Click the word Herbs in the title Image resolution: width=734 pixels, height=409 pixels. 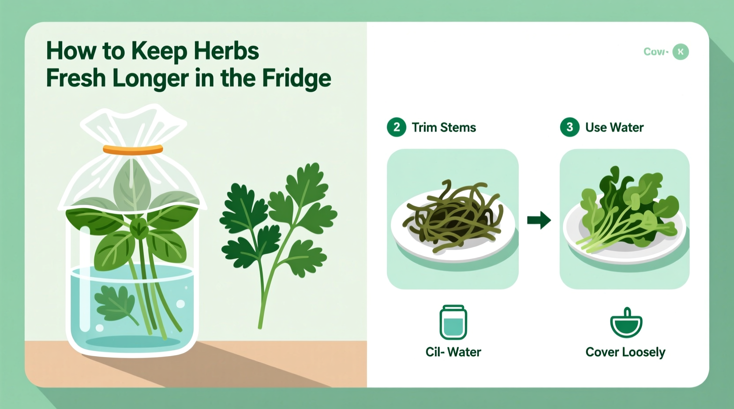tap(226, 51)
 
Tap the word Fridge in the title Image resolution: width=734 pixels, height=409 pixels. tap(296, 78)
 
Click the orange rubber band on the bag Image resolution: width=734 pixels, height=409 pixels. tap(133, 150)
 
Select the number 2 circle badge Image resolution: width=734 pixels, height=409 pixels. tap(396, 127)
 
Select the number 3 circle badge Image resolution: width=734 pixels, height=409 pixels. tap(569, 127)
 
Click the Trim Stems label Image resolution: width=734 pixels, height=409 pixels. tap(444, 128)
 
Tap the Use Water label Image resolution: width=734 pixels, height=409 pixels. tap(614, 128)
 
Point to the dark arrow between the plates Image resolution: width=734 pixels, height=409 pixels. tap(539, 220)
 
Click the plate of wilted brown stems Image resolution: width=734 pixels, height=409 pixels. tap(453, 220)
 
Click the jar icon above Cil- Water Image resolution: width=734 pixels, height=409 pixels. tap(453, 322)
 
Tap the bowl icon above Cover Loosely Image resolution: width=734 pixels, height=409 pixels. tap(626, 323)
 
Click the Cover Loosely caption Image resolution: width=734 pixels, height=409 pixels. tap(625, 352)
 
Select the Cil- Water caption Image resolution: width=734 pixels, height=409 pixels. tap(453, 352)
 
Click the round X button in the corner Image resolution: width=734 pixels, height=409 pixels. tap(681, 52)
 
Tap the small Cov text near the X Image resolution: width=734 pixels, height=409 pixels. tap(655, 52)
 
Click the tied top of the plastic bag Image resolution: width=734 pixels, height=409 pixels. tap(132, 126)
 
